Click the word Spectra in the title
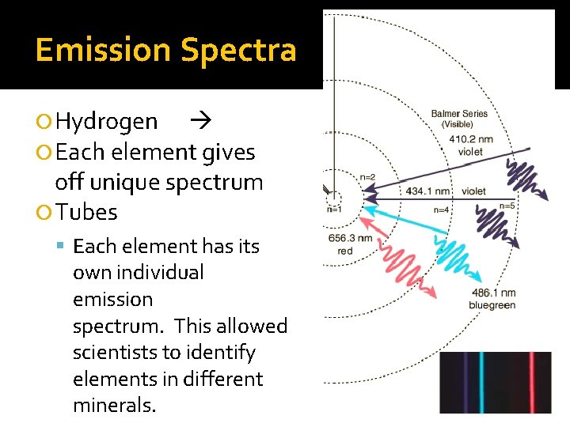(238, 50)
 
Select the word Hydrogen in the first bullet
(107, 121)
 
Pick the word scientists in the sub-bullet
(113, 352)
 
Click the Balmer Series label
(459, 119)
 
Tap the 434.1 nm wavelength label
(427, 191)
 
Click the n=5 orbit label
(507, 206)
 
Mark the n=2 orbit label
(367, 177)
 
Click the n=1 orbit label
(334, 210)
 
